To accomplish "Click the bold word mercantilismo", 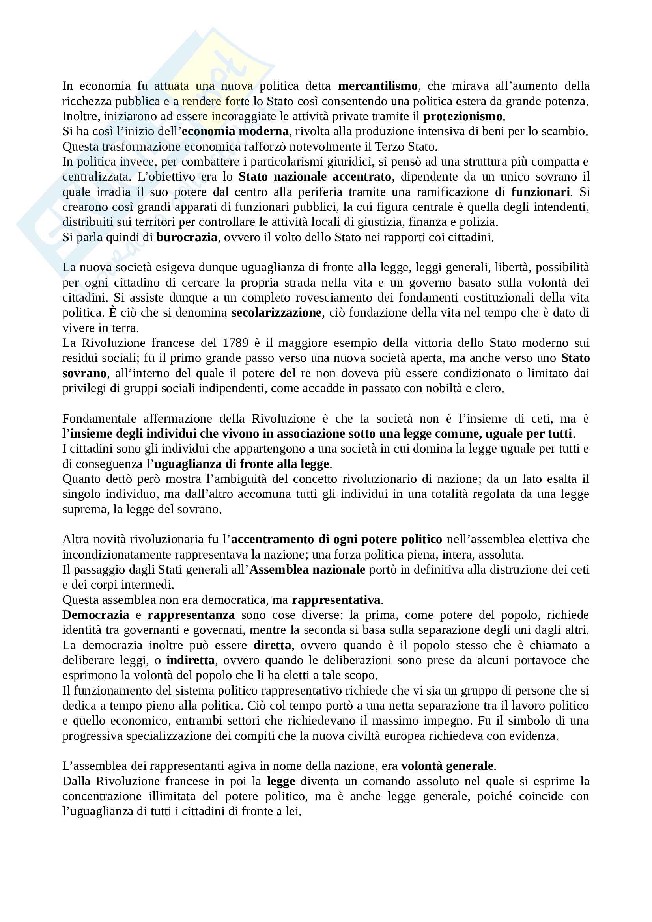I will [377, 86].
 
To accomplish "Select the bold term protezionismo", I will [463, 116].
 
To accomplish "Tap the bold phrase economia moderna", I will [235, 131].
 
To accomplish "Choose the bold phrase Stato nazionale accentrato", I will [315, 177].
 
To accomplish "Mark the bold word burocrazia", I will [187, 237].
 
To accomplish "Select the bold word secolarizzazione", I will [276, 313].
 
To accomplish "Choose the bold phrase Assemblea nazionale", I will [307, 570].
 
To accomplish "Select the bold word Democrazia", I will [95, 615].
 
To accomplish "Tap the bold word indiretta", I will [191, 660].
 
